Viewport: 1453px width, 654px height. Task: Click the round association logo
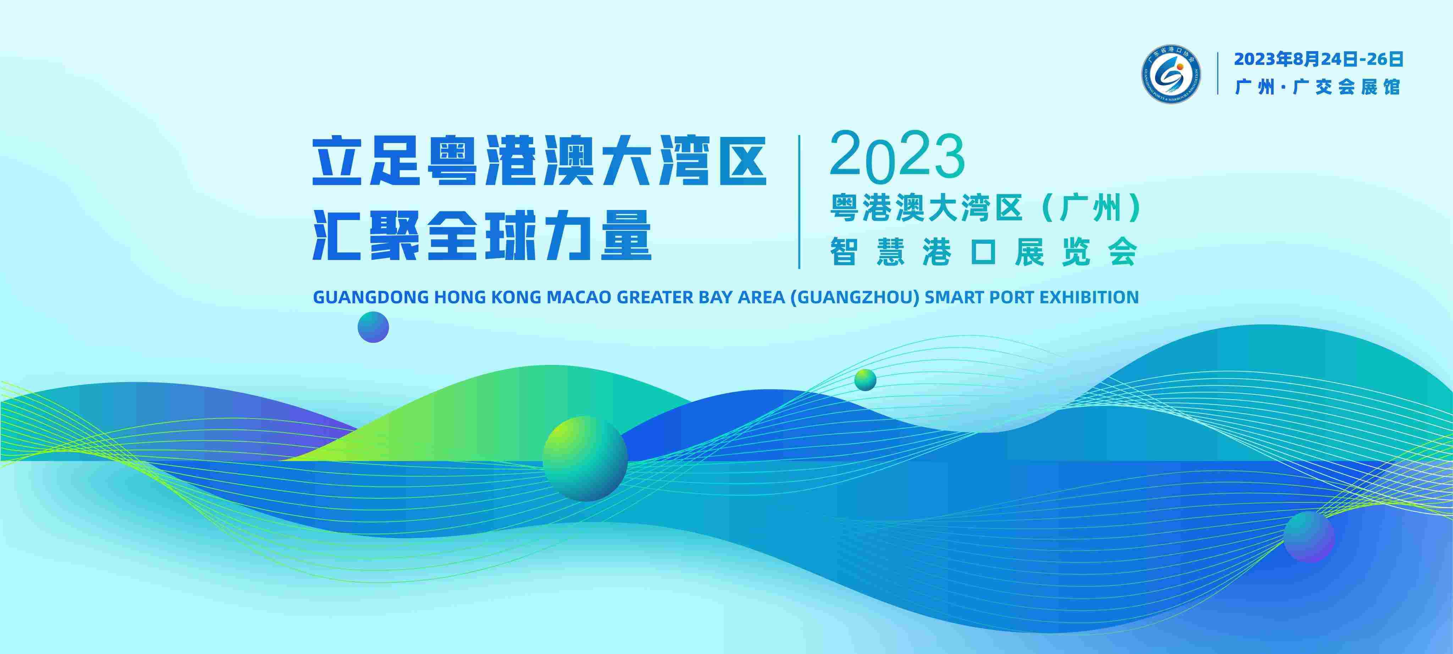click(x=1172, y=74)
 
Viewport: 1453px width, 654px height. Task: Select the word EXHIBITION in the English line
click(x=1089, y=297)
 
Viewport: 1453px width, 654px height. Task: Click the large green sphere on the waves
click(x=585, y=458)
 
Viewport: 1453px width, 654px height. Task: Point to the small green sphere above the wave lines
click(x=865, y=380)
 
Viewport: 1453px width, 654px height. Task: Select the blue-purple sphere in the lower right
click(x=1309, y=536)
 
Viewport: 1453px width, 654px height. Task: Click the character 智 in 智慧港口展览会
click(x=844, y=252)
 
